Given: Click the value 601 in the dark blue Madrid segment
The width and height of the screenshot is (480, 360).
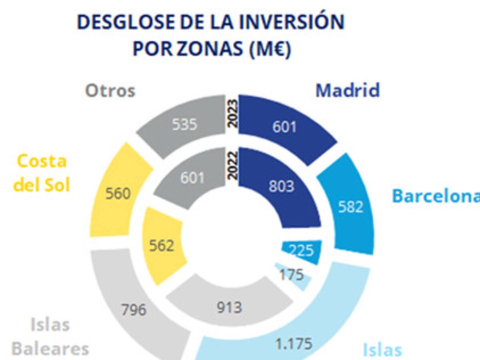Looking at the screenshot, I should point(285,127).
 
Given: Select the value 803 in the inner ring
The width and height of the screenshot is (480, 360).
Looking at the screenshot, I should point(281,186).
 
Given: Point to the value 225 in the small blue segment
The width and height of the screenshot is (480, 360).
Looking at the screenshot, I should point(301,251).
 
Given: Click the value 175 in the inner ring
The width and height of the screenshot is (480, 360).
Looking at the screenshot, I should point(292,275).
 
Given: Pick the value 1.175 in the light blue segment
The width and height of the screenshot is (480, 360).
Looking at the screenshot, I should point(294,344).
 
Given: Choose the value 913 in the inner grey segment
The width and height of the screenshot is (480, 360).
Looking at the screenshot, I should point(230,308).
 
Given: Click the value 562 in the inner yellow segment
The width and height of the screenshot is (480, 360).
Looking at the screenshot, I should point(162,246).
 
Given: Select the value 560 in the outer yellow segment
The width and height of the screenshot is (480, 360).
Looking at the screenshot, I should point(118,194).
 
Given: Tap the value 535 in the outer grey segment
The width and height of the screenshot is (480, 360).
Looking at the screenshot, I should point(185,124).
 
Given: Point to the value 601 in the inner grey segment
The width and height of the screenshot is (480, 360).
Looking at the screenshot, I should point(192,177).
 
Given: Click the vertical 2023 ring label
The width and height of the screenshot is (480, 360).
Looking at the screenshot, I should point(232,113).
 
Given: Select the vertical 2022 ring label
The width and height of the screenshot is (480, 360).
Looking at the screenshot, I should point(232,164).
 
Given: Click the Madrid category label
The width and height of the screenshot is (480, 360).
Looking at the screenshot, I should point(347,90).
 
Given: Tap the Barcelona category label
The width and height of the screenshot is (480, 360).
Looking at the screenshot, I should point(436,196).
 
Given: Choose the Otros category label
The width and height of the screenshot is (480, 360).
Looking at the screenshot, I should point(110,91).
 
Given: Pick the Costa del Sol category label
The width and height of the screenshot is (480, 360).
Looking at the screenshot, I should point(42,173).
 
